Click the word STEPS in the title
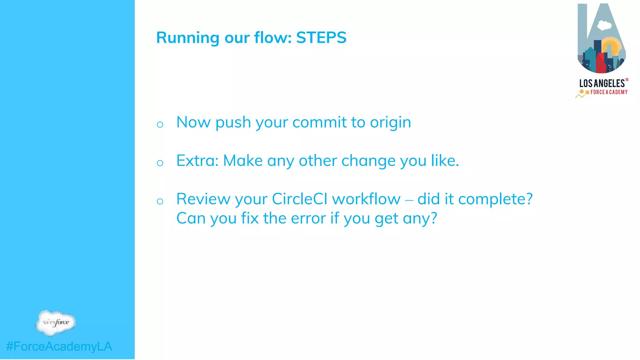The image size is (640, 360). tap(321, 37)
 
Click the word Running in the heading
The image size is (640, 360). tap(188, 38)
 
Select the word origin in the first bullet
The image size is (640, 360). tap(390, 122)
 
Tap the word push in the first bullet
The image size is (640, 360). tap(233, 122)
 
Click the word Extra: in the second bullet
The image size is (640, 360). tap(197, 161)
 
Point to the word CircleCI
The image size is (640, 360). tap(299, 199)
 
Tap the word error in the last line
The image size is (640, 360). tap(308, 218)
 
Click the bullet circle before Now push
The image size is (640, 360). tap(160, 125)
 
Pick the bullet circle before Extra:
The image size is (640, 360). tap(160, 163)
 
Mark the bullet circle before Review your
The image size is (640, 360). tap(160, 201)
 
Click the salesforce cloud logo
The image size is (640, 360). tap(56, 323)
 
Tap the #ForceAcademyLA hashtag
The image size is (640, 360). tap(59, 347)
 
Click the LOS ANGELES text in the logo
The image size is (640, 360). tap(602, 83)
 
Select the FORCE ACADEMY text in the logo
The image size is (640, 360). tap(609, 92)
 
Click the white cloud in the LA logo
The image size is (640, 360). tap(604, 25)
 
